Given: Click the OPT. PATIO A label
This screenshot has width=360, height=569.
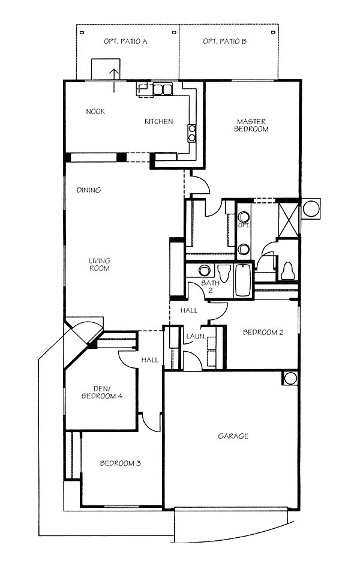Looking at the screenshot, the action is tap(125, 41).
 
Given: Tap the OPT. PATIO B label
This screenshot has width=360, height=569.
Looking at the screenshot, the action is tap(224, 41).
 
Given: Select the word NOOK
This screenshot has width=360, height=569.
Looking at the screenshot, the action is tap(95, 112).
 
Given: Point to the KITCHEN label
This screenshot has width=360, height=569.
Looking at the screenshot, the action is tap(158, 121).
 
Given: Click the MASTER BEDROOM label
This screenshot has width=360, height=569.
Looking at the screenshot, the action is tap(251, 125).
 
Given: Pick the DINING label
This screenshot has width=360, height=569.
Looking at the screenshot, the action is tap(89, 190).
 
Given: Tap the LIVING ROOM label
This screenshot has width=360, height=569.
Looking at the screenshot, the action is tap(100, 264).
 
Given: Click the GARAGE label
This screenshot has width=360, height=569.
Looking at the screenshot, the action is tap(233, 436).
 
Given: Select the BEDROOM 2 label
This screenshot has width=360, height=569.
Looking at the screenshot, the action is tap(263, 332).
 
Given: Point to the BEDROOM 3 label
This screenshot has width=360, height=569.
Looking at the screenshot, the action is tap(120, 463).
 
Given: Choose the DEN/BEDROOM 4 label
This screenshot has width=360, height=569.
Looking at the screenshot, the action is tap(102, 393).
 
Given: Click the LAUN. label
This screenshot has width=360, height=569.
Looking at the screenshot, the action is tap(196, 336).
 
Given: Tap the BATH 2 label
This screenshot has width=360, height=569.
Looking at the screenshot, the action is tap(210, 286).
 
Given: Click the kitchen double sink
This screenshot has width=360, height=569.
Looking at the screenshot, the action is tap(163, 89).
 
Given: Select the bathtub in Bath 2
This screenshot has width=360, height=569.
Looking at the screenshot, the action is tap(242, 280).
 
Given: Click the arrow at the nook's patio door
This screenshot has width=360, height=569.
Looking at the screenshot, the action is tap(114, 80).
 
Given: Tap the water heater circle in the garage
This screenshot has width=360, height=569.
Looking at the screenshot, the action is tap(290, 378).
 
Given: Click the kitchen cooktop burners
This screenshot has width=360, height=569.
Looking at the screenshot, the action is tap(191, 133).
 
